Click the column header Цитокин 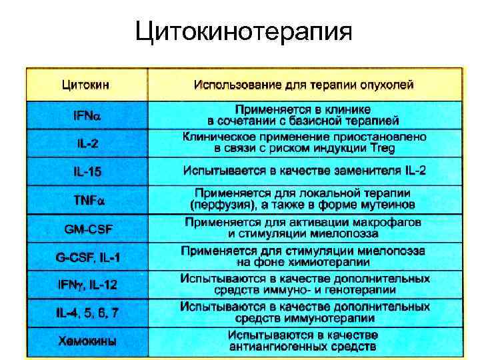pos(87,85)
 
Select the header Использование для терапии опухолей pos(304,85)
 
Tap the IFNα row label pos(87,115)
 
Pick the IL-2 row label pos(87,142)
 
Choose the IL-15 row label pos(87,171)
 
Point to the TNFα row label pos(87,199)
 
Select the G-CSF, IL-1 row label pos(87,256)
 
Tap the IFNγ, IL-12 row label pos(87,285)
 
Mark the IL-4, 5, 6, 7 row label pos(87,312)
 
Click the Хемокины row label pos(87,341)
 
